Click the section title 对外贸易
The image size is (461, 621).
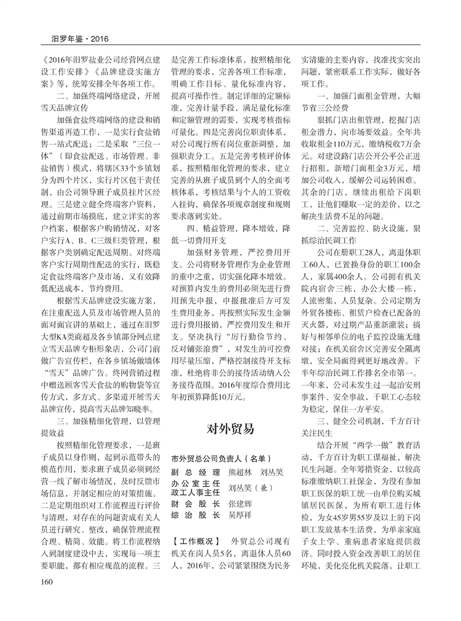tap(231, 428)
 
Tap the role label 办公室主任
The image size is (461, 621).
tap(195, 483)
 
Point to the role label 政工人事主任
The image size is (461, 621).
tap(195, 493)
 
